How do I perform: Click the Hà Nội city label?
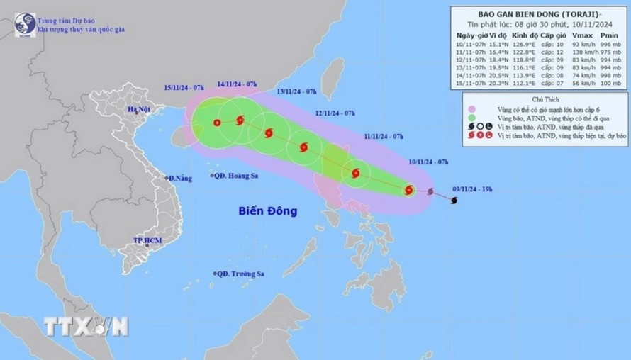click(140, 109)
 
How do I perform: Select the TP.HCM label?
click(147, 241)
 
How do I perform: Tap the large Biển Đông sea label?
click(268, 210)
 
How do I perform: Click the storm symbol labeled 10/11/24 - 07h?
click(410, 189)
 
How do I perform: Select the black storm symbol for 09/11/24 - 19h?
click(454, 201)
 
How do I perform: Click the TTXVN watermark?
click(85, 327)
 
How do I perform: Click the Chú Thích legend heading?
click(540, 99)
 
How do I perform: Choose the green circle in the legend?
click(471, 118)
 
